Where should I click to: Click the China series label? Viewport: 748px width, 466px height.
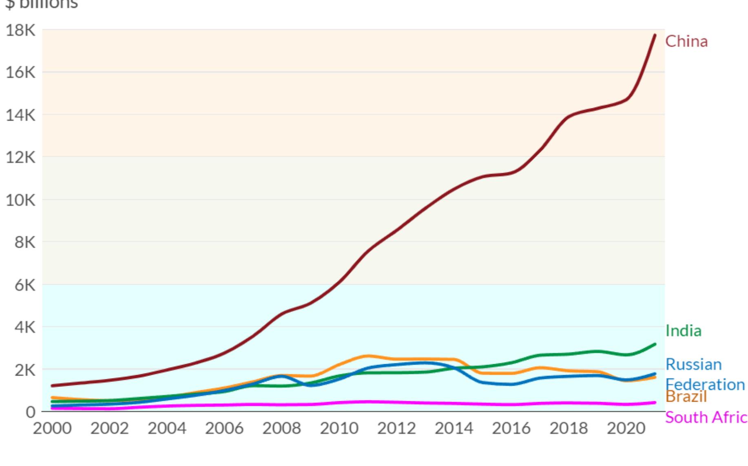click(x=686, y=42)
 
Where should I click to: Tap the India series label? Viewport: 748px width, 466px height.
click(x=684, y=331)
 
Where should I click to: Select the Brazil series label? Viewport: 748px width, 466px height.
click(x=686, y=397)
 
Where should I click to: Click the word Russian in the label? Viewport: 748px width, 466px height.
click(x=693, y=364)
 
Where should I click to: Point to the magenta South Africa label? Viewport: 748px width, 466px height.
click(x=706, y=418)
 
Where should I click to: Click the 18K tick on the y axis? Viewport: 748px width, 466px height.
click(x=20, y=30)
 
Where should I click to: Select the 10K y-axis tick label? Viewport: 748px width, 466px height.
click(x=20, y=200)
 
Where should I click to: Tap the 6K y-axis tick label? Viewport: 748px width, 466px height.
click(x=25, y=285)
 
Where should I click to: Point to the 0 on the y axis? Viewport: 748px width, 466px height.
click(x=31, y=412)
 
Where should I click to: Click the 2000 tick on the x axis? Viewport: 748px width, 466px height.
click(x=52, y=429)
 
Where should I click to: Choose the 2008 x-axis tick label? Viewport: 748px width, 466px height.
click(x=281, y=429)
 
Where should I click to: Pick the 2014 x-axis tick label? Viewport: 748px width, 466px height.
click(x=454, y=429)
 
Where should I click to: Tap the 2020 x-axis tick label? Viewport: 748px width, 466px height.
click(x=626, y=429)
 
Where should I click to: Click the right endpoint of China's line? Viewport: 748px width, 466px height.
click(x=655, y=35)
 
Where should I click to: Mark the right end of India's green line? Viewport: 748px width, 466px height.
click(x=655, y=344)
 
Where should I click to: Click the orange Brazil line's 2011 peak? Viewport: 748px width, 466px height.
click(x=367, y=356)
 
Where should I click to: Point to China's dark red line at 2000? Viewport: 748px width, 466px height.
click(x=52, y=385)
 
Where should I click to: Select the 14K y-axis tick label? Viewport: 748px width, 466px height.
click(x=20, y=115)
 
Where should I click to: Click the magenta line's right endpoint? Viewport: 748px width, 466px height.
click(x=655, y=402)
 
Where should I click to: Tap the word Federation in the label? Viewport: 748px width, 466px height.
click(x=705, y=384)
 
